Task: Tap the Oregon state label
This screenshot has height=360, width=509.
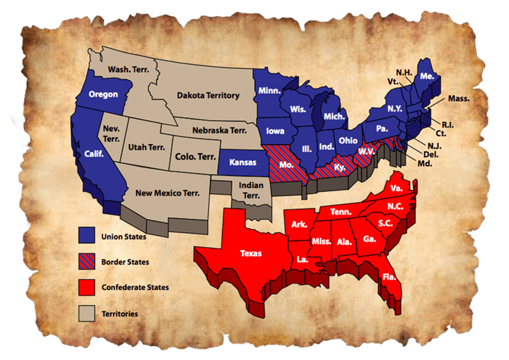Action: (x=103, y=94)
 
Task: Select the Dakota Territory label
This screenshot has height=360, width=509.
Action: (x=208, y=95)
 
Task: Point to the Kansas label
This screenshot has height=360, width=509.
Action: (x=242, y=162)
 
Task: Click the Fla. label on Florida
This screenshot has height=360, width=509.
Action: (x=390, y=277)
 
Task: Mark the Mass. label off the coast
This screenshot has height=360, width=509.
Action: (x=458, y=99)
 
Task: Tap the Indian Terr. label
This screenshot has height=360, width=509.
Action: (x=251, y=191)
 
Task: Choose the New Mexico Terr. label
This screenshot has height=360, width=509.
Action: (x=167, y=193)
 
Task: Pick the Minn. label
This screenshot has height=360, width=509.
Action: (x=270, y=90)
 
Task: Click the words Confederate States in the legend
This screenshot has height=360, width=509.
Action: (x=135, y=287)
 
